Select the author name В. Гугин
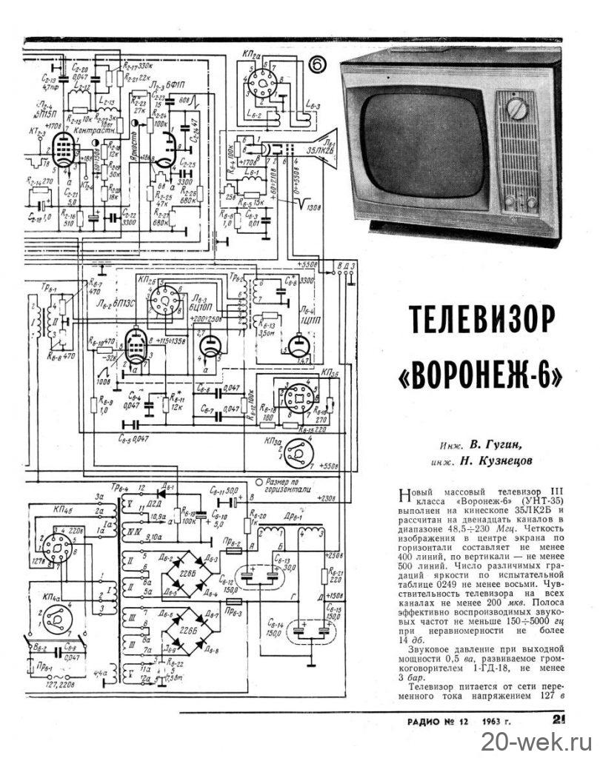coord(496,446)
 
